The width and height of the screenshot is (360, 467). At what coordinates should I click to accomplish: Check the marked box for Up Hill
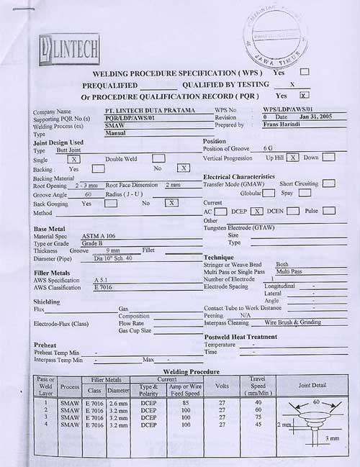pyautogui.click(x=293, y=157)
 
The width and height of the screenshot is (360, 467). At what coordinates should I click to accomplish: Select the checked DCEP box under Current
pyautogui.click(x=256, y=211)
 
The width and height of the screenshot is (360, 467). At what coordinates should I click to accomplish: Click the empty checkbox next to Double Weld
pyautogui.click(x=158, y=158)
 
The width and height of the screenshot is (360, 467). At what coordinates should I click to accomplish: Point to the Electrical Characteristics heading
pyautogui.click(x=238, y=176)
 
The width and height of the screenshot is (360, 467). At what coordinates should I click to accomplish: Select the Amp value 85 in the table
pyautogui.click(x=186, y=404)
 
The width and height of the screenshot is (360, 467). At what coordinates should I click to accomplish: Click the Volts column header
pyautogui.click(x=222, y=386)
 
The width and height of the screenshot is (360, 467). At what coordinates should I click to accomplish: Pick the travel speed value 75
pyautogui.click(x=257, y=417)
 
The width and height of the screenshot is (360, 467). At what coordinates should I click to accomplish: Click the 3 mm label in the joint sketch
pyautogui.click(x=332, y=437)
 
